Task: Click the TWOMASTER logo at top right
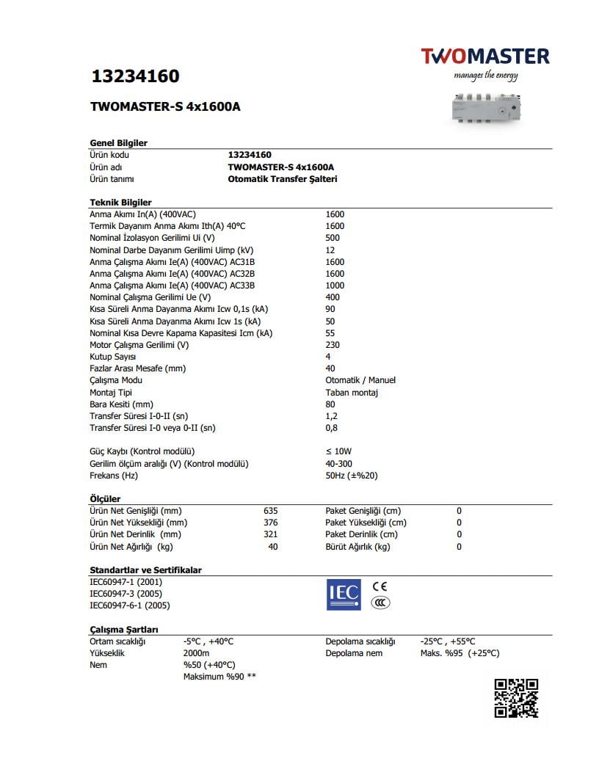tap(484, 57)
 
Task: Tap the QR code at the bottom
tap(516, 698)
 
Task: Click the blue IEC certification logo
tap(344, 594)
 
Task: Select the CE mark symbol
tap(380, 586)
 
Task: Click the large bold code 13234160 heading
tap(135, 76)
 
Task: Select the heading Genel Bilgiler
tap(118, 143)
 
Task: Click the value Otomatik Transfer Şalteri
tap(283, 179)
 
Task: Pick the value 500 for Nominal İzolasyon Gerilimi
tap(333, 238)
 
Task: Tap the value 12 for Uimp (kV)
tap(330, 250)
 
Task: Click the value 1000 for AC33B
tap(335, 285)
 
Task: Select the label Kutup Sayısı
tap(114, 357)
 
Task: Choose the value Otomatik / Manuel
tap(360, 380)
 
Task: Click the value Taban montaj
tap(351, 393)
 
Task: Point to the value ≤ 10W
tap(338, 451)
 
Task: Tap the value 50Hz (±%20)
tap(351, 476)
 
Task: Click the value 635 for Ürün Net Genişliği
tap(270, 511)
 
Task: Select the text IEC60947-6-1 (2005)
tap(129, 605)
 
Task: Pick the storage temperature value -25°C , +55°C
tap(447, 641)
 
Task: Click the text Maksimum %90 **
tap(219, 677)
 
